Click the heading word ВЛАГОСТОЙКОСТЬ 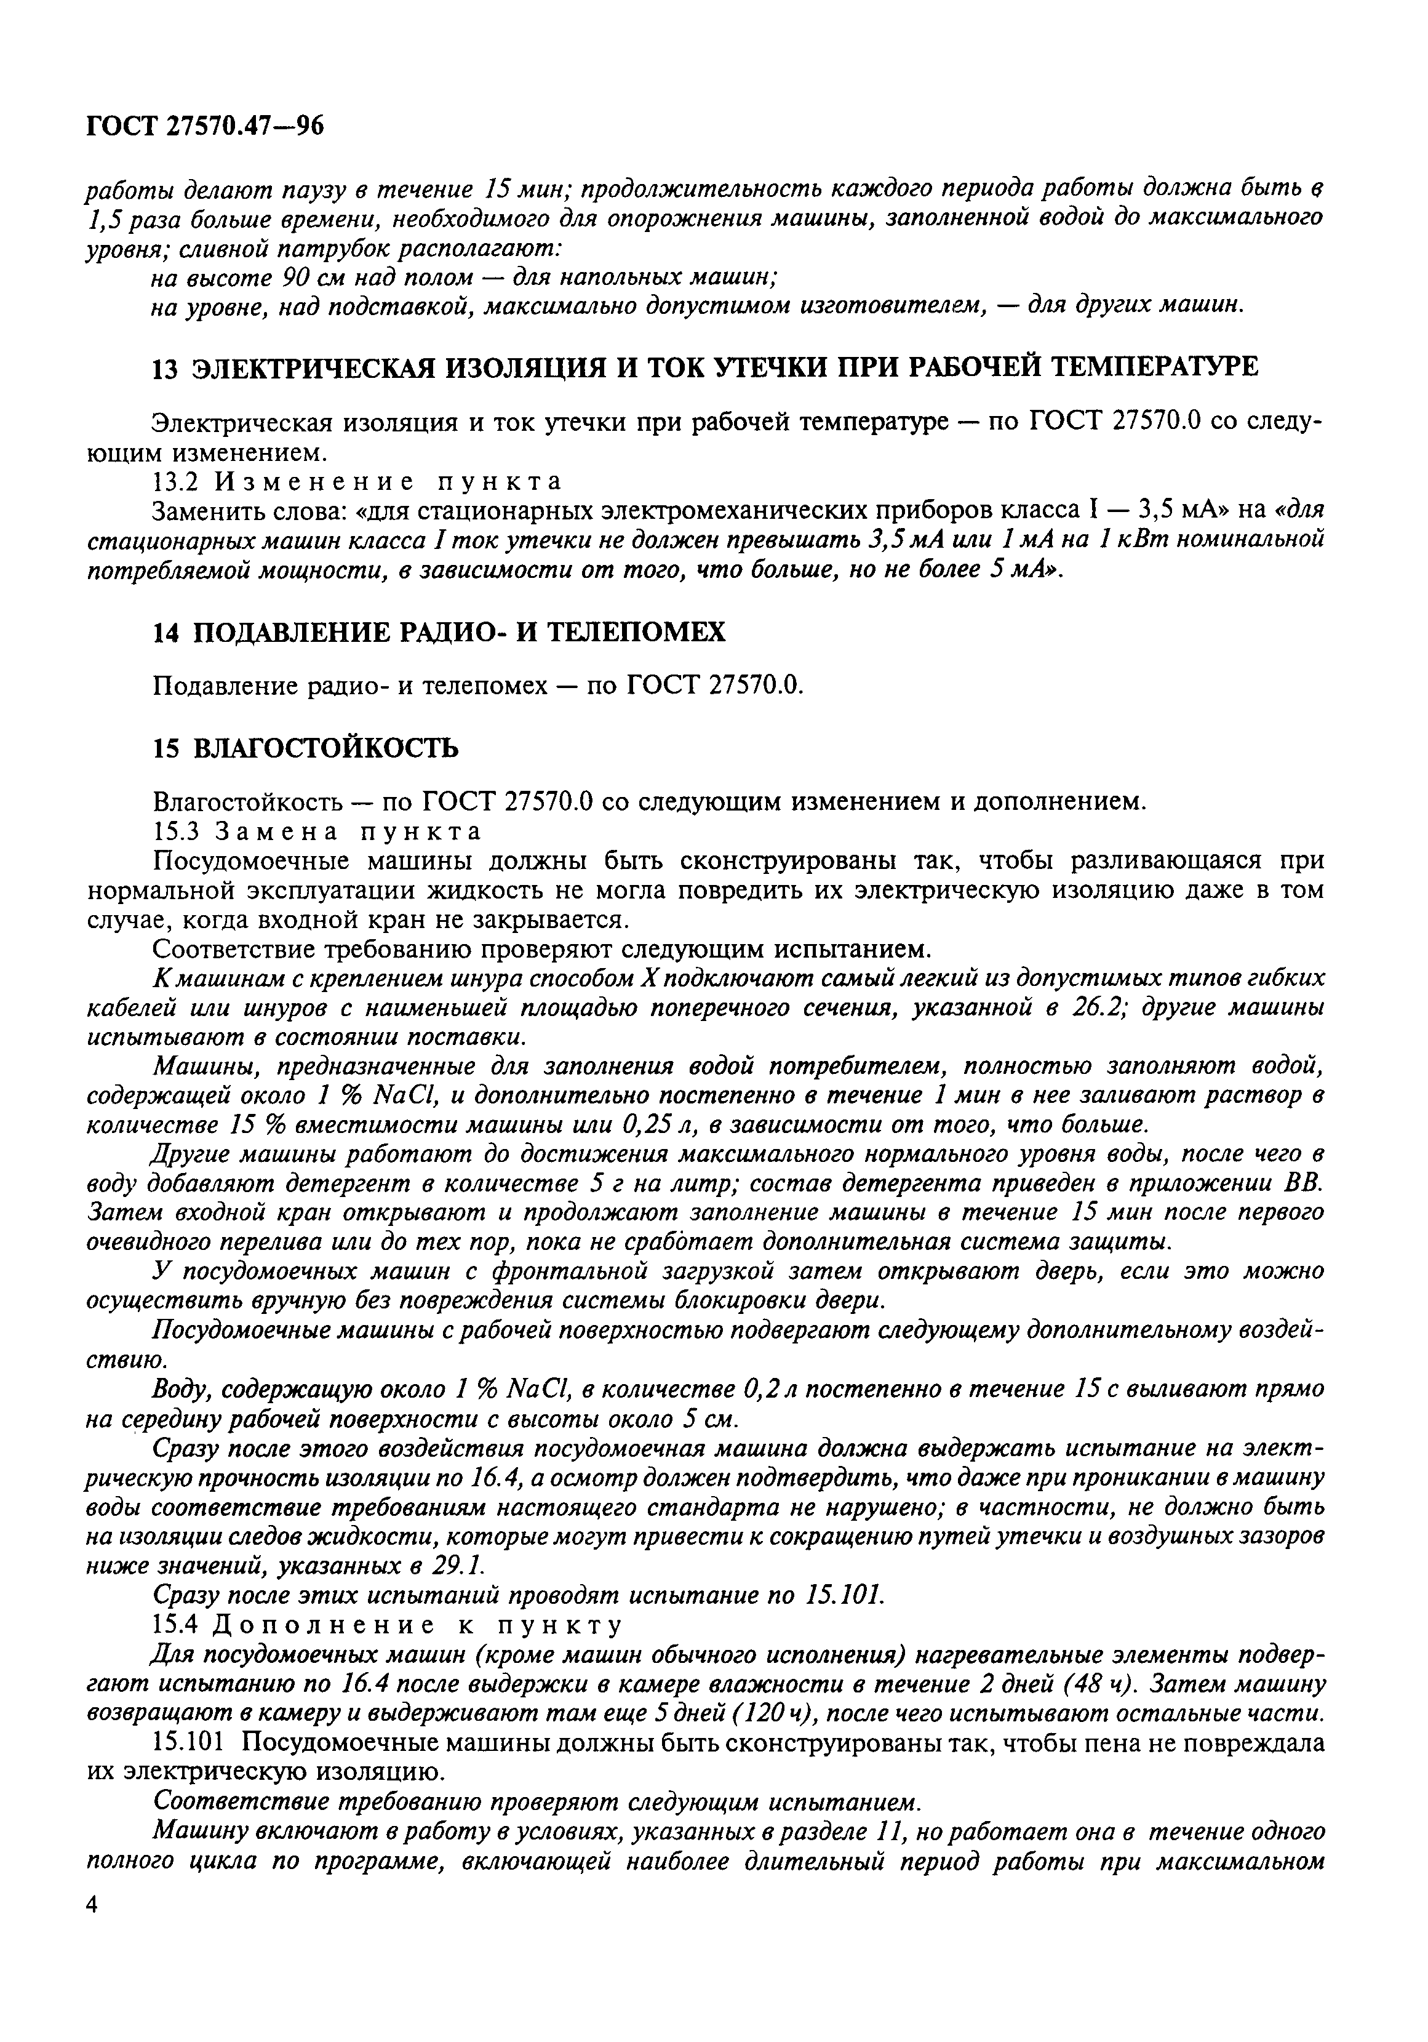(x=325, y=749)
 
